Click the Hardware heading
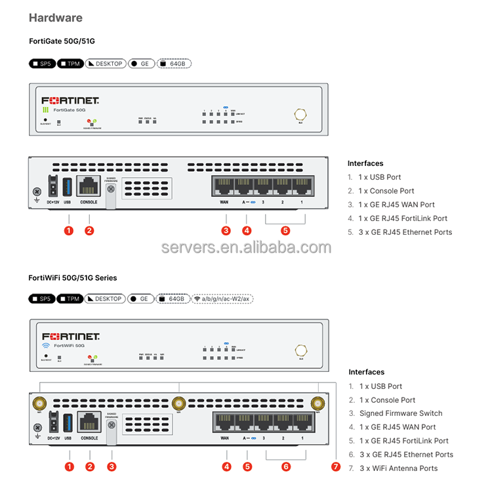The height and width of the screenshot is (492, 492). [56, 18]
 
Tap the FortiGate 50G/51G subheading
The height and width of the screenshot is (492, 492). [62, 41]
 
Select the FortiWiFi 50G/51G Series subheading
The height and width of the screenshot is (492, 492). [73, 278]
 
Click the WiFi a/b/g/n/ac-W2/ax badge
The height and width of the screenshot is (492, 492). [223, 298]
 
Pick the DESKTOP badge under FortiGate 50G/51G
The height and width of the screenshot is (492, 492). [106, 64]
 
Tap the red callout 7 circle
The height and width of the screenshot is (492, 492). [337, 467]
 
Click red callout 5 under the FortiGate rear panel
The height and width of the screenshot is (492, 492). [285, 230]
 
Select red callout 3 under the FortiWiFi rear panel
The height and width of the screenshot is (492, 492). [112, 467]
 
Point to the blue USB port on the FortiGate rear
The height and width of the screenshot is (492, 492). [68, 184]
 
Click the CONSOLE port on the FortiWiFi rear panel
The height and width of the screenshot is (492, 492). [89, 422]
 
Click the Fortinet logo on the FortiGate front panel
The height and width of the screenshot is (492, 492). [70, 101]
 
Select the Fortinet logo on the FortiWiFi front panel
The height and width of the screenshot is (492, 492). [70, 337]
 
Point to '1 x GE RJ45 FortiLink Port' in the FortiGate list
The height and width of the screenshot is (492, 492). [403, 218]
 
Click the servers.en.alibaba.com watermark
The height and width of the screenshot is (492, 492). [247, 247]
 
